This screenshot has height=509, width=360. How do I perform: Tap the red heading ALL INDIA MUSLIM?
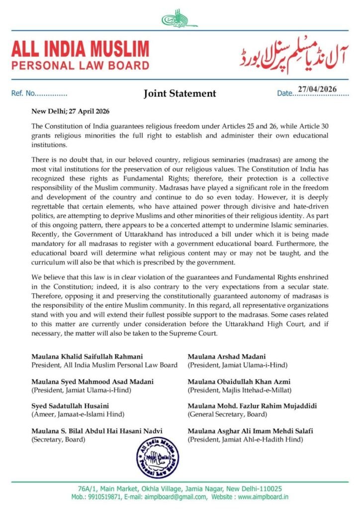click(80, 49)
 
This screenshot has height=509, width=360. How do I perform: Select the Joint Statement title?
click(180, 93)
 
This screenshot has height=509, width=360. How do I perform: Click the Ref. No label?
click(23, 93)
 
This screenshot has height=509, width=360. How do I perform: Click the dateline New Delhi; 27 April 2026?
click(71, 111)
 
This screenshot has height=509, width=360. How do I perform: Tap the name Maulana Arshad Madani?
click(226, 356)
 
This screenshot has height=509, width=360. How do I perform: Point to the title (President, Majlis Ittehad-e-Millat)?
click(239, 389)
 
